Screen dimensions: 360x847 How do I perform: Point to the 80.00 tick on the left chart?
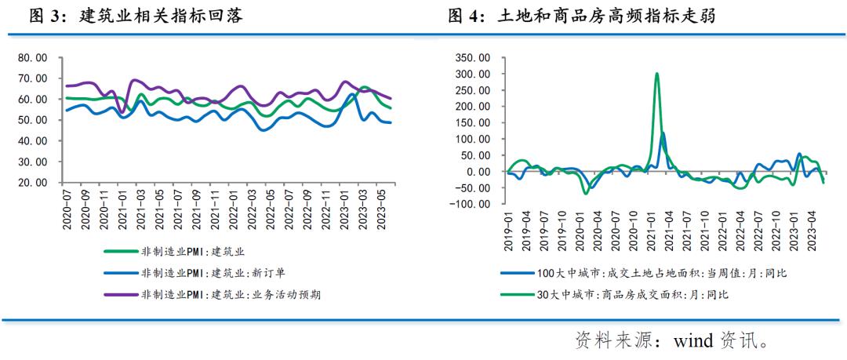click(32, 58)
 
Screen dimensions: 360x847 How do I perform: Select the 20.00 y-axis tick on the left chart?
click(32, 182)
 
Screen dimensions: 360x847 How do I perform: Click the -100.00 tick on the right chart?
click(471, 205)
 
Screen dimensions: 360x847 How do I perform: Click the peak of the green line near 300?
click(656, 74)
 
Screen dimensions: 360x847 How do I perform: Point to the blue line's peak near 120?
click(663, 133)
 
